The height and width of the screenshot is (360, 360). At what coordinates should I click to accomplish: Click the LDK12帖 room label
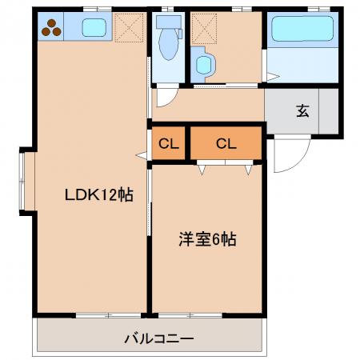(99, 194)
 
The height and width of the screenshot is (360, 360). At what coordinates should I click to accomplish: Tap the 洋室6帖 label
(207, 239)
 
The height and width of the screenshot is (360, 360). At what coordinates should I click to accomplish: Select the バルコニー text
(159, 339)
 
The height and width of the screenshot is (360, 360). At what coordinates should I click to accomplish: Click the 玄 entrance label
(302, 111)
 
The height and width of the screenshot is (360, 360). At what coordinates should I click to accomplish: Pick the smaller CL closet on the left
(169, 143)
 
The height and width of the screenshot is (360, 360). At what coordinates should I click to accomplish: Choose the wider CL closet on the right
(226, 143)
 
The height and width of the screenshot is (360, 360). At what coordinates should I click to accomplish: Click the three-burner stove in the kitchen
(51, 28)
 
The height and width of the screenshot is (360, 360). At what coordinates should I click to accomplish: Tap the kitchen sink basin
(94, 27)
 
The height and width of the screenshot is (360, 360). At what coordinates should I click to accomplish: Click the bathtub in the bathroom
(302, 29)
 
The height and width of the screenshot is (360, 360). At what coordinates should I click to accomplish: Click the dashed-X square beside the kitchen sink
(129, 28)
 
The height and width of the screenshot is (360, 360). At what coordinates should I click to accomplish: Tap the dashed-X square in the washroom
(204, 29)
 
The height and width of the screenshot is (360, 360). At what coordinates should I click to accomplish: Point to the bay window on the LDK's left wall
(22, 181)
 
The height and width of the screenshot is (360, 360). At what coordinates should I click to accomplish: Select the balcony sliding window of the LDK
(108, 315)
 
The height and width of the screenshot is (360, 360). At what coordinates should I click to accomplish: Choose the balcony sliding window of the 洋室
(190, 315)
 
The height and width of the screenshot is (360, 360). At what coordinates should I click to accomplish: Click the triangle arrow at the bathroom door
(273, 77)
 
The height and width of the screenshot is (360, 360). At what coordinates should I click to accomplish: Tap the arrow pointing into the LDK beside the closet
(142, 155)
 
